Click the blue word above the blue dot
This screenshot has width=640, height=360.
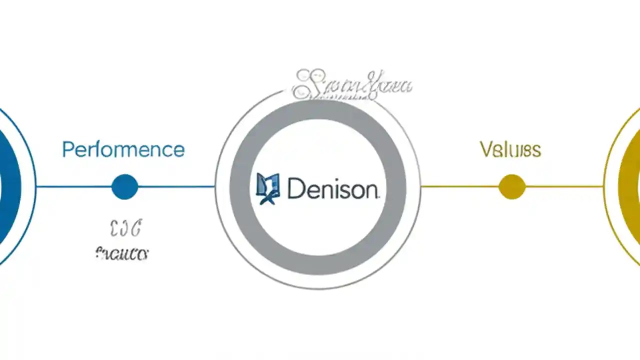tap(123, 149)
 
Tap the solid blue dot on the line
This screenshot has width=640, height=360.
tap(124, 186)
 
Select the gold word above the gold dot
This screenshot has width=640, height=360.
tap(510, 149)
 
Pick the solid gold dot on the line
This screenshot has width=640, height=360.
tap(512, 186)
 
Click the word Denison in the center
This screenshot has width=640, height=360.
tap(332, 189)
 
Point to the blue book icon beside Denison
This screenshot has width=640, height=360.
tap(267, 188)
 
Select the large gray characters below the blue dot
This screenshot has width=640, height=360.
tap(125, 229)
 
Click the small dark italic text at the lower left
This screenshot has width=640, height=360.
tap(121, 253)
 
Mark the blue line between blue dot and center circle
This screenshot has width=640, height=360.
tap(176, 186)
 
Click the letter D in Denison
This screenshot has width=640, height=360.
tap(295, 189)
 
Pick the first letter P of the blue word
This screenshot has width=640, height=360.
tap(67, 149)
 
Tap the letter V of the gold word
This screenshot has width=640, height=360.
tap(485, 149)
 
